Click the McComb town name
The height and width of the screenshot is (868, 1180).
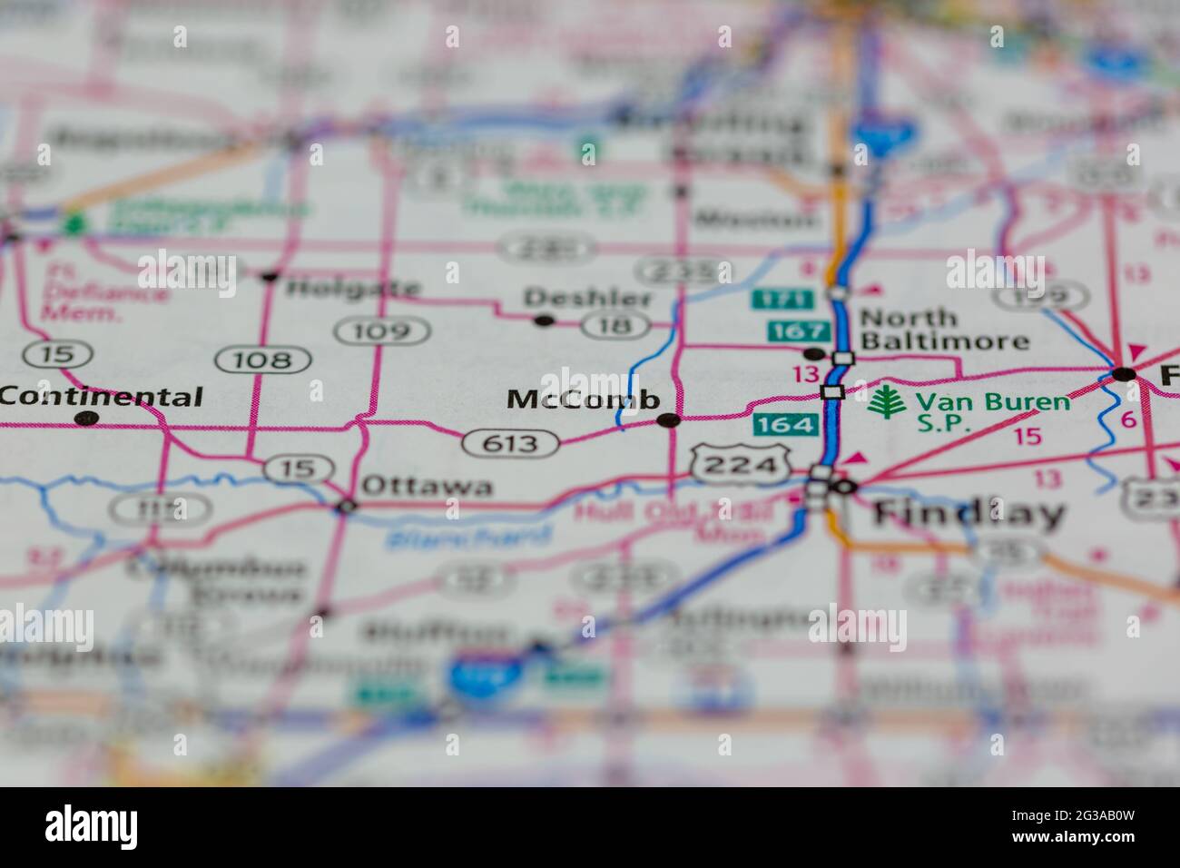coord(583,399)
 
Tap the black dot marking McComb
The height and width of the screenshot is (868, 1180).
coord(669,419)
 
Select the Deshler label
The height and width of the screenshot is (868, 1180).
coord(587,298)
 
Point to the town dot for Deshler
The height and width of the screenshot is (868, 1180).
coord(544,320)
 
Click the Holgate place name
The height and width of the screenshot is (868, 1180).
coord(353,289)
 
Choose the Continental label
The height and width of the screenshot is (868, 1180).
coord(102,397)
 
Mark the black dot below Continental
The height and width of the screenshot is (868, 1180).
coord(86,419)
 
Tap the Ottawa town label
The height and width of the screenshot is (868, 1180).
coord(428,486)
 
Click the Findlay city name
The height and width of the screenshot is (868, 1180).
coord(968,514)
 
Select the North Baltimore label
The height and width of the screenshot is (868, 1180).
coord(944,330)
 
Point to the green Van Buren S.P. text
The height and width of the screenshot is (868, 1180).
coord(992,412)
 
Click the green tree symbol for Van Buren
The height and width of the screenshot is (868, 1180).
coord(881,401)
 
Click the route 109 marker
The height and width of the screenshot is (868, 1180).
coord(382,331)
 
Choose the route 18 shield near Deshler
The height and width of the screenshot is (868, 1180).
coord(616,324)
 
